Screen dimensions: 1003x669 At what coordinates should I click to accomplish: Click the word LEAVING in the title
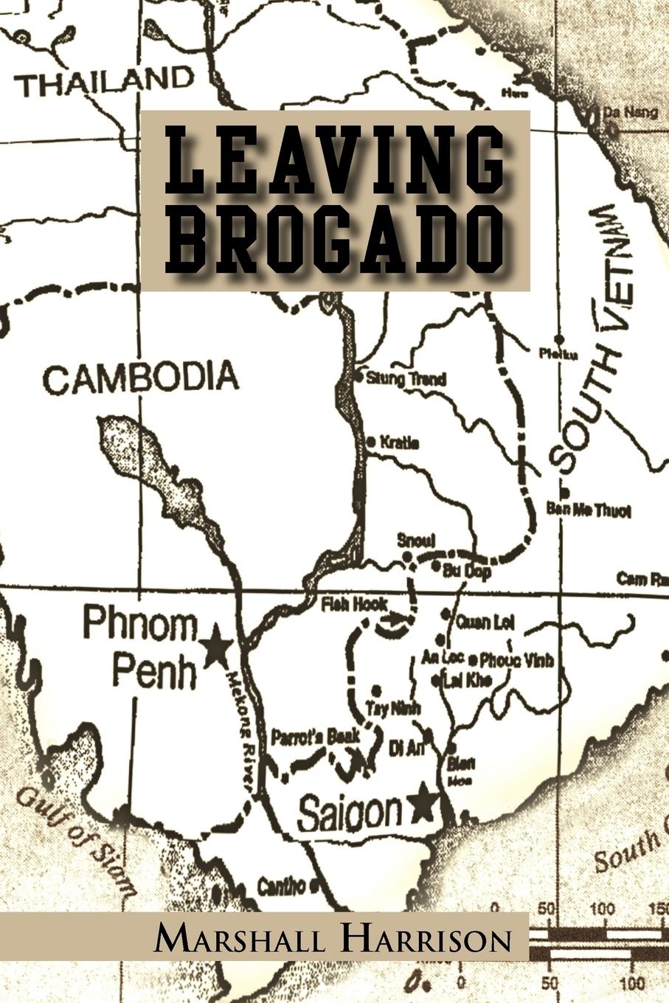pos(335,158)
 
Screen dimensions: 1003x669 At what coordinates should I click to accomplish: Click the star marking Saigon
pos(423,804)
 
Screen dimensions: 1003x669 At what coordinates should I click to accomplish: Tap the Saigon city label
pos(350,813)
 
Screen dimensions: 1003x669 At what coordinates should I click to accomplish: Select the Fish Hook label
pos(353,604)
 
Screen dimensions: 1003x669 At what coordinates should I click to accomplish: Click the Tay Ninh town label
pos(393,708)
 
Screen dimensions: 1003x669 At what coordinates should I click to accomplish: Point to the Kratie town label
pos(399,443)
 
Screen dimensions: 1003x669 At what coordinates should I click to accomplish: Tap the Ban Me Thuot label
pos(589,510)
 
